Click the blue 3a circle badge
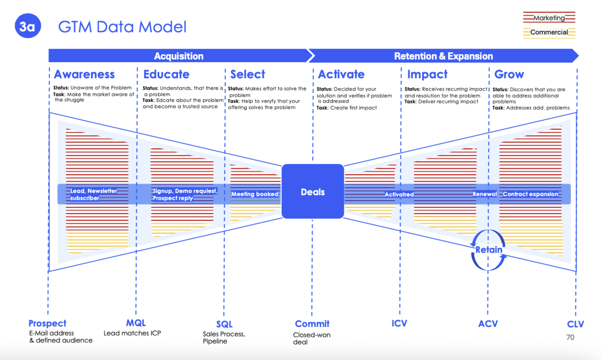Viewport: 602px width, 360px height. click(27, 26)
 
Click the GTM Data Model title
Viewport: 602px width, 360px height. click(122, 27)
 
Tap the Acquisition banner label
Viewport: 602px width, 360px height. click(179, 56)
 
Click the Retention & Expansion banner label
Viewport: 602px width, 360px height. click(443, 56)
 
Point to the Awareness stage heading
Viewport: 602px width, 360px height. click(84, 74)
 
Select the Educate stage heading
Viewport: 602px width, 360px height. click(166, 74)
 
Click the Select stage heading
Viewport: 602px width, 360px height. click(248, 74)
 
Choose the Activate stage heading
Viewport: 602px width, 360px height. click(341, 74)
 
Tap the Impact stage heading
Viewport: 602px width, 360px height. click(427, 74)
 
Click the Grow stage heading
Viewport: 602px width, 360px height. click(509, 74)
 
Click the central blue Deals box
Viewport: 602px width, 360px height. click(313, 192)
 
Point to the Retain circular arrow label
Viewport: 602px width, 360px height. click(489, 250)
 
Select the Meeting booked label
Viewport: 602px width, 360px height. click(255, 194)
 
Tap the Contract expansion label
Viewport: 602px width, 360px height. click(530, 194)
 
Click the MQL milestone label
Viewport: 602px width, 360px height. click(136, 323)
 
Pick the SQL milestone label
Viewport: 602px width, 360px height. click(224, 324)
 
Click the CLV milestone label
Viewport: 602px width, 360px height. click(575, 324)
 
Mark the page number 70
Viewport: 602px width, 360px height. click(570, 337)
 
